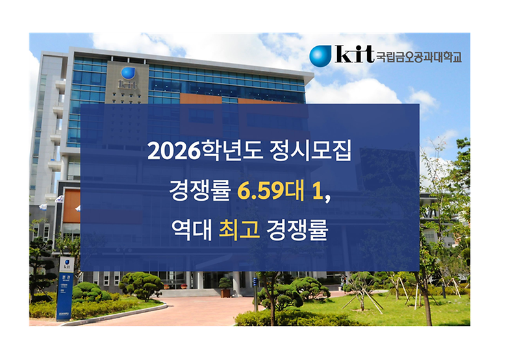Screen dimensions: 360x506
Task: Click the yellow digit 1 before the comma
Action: [x=316, y=192]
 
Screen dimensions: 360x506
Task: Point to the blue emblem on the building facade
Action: [x=127, y=73]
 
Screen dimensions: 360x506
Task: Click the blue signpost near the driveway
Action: [x=65, y=286]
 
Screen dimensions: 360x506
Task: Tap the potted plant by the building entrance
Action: [x=225, y=285]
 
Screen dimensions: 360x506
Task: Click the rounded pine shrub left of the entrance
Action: [x=142, y=285]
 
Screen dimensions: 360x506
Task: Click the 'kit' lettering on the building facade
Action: [x=127, y=85]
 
